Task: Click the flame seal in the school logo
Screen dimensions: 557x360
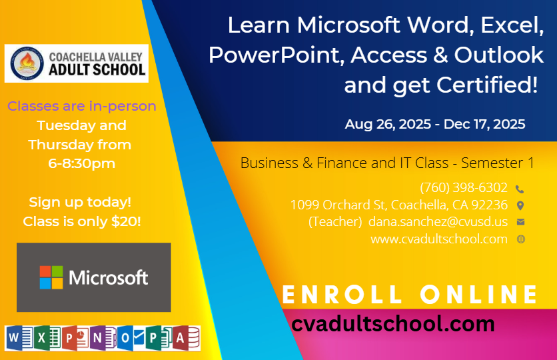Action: pos(27,63)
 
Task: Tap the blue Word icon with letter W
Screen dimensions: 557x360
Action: pos(19,337)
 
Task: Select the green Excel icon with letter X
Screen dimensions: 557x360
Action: pos(47,337)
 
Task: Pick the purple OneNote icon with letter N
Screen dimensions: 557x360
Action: pos(103,337)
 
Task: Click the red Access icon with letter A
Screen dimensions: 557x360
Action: pos(187,337)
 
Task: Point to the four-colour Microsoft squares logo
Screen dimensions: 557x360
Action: pos(51,277)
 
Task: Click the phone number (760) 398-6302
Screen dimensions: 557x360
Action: pos(464,187)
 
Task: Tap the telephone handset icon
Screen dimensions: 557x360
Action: pos(520,189)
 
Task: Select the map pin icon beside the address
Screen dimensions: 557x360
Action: pos(520,205)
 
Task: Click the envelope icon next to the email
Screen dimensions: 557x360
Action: pos(521,222)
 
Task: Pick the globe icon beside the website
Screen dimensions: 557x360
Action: pos(521,239)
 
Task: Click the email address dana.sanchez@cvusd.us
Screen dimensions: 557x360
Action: pos(438,221)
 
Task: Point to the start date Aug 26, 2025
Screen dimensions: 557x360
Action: pos(388,125)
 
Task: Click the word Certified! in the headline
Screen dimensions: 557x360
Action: pos(487,85)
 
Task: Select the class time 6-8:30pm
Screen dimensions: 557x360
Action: pos(82,163)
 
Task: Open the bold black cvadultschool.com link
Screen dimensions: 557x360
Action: pos(393,324)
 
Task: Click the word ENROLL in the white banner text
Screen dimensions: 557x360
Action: pos(341,294)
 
